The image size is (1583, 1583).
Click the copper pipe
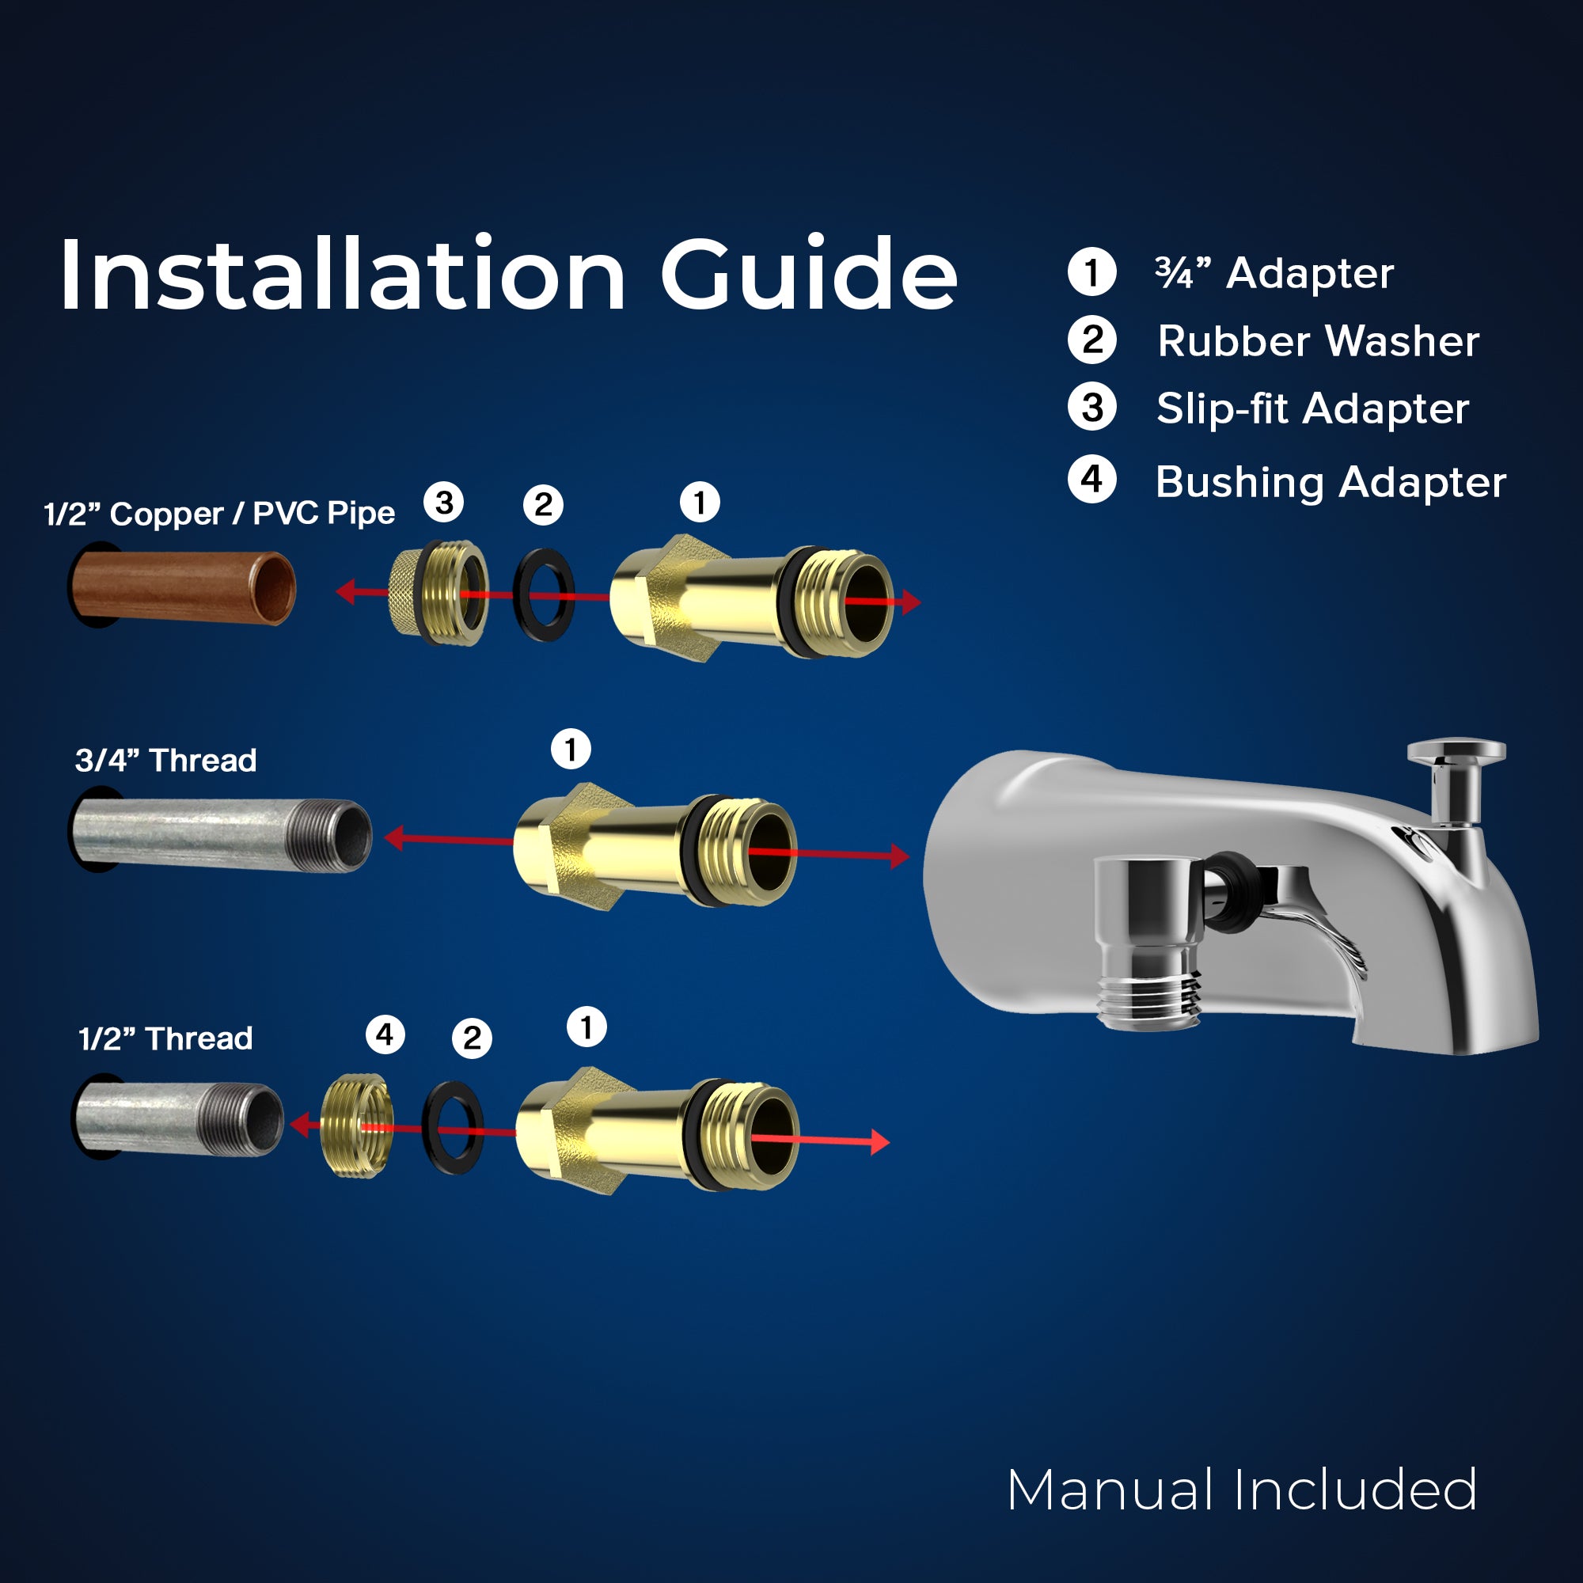point(182,587)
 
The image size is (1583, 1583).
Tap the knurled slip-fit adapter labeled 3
point(438,593)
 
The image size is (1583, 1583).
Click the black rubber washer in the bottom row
point(452,1126)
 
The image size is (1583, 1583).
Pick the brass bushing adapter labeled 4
point(356,1125)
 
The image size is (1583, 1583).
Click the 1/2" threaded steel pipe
point(179,1118)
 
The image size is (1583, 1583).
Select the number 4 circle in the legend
point(1091,480)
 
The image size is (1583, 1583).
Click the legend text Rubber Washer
point(1319,341)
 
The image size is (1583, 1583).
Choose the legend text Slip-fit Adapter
point(1312,409)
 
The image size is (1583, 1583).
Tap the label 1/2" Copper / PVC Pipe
point(219,514)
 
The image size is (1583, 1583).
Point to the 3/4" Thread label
point(166,761)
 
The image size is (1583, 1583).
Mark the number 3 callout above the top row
point(444,503)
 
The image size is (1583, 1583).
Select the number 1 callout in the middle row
point(571,749)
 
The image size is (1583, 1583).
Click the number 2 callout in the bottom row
point(472,1038)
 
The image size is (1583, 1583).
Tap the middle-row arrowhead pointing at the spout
point(901,856)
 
